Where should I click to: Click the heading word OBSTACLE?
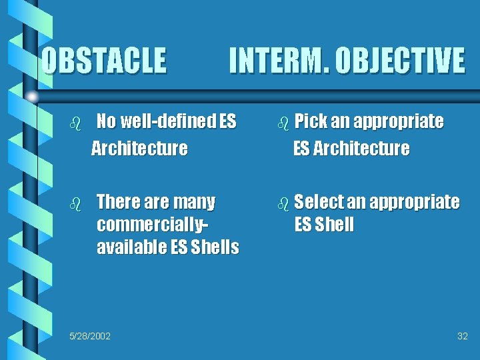click(103, 60)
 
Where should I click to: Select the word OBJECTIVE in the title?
click(400, 60)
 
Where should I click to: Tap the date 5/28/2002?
click(90, 335)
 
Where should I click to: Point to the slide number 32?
click(462, 335)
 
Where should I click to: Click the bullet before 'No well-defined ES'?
click(75, 123)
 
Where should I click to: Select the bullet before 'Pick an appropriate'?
click(284, 123)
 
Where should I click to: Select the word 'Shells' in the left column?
click(215, 247)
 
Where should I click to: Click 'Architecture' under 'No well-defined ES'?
click(139, 148)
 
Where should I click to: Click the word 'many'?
click(193, 201)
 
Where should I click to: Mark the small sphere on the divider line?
click(31, 97)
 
